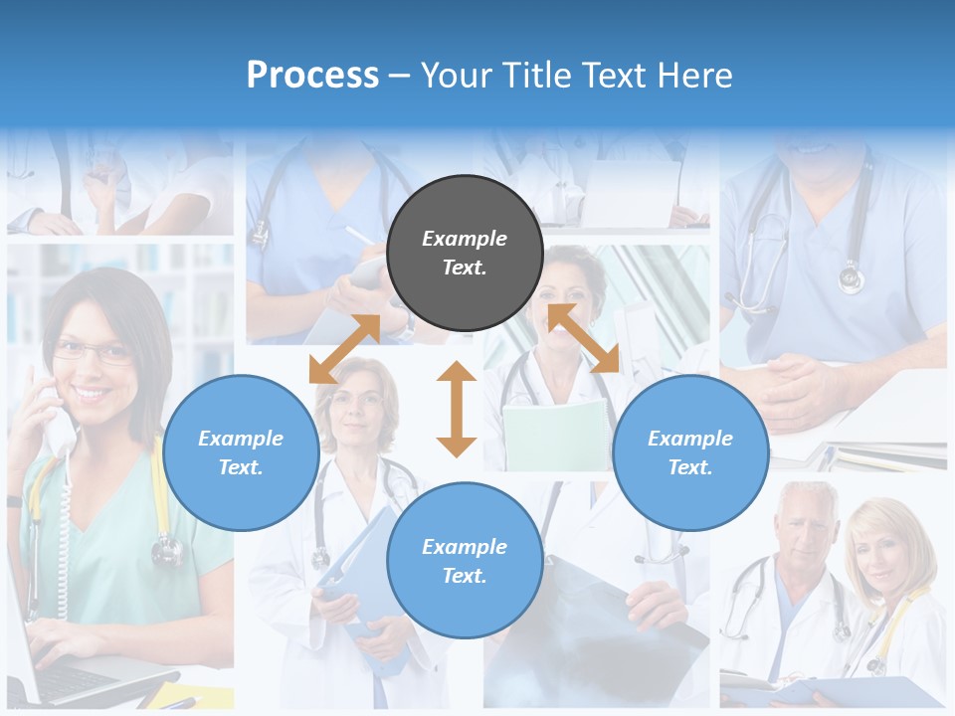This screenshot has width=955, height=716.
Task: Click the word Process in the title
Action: [312, 76]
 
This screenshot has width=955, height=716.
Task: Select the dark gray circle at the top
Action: [465, 253]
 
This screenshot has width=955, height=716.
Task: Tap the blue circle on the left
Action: [241, 452]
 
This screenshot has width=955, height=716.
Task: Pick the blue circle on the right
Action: [690, 452]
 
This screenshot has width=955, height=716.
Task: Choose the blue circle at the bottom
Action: [465, 560]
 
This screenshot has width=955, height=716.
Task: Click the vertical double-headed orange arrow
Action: [457, 409]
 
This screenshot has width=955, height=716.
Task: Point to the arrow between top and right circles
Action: [583, 338]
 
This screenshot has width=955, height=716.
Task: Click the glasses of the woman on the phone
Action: [92, 351]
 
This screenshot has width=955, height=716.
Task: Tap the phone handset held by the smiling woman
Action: [55, 418]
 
